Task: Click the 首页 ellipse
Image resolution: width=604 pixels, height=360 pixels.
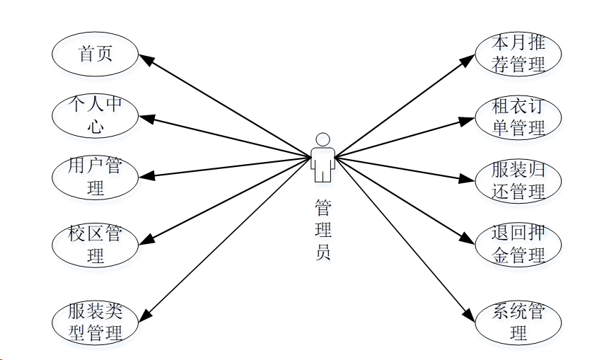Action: pyautogui.click(x=95, y=54)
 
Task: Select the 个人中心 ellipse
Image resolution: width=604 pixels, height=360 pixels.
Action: pyautogui.click(x=95, y=115)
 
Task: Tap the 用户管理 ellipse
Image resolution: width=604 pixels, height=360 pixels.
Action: pyautogui.click(x=95, y=177)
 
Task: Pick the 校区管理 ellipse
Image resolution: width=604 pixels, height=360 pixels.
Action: pyautogui.click(x=95, y=244)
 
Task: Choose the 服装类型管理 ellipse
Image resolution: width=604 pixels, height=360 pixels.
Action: pyautogui.click(x=95, y=322)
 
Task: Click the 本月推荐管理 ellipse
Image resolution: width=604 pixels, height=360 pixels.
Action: pyautogui.click(x=518, y=54)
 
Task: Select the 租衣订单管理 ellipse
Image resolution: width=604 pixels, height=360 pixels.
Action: pyautogui.click(x=518, y=117)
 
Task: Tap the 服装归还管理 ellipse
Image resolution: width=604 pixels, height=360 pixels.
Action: pyautogui.click(x=518, y=180)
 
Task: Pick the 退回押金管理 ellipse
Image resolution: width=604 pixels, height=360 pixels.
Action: pyautogui.click(x=518, y=244)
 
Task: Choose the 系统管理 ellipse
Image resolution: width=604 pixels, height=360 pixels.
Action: pyautogui.click(x=518, y=322)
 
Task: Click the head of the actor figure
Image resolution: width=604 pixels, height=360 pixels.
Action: pyautogui.click(x=323, y=139)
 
